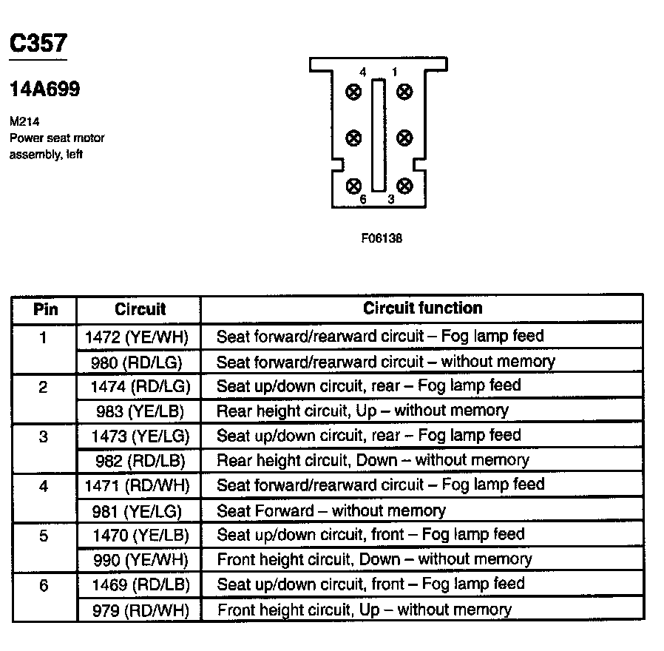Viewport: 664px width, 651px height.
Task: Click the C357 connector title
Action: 38,44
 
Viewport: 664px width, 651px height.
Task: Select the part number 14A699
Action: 44,90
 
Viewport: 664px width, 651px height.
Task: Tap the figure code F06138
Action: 382,239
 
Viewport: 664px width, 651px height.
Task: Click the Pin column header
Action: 44,308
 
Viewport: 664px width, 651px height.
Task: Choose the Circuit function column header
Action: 422,308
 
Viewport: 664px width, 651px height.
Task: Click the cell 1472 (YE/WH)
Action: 138,337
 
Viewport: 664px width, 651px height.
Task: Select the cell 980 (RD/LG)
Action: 138,362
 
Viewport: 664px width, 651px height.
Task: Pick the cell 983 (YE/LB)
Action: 139,411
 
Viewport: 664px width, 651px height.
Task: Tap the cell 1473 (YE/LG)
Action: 138,436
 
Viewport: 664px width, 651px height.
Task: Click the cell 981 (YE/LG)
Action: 138,510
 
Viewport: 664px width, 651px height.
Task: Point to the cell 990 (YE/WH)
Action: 139,559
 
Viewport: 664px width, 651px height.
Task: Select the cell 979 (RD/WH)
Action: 139,610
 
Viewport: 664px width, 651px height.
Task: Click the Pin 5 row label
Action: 44,536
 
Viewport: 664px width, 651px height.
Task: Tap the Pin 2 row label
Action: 44,387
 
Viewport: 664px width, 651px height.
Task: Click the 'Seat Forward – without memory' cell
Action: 331,510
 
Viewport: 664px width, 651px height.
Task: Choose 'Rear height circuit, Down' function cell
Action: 373,460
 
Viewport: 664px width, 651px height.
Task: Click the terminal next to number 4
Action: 353,92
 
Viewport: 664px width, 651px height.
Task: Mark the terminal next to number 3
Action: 404,185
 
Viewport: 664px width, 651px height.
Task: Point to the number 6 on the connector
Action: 362,200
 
